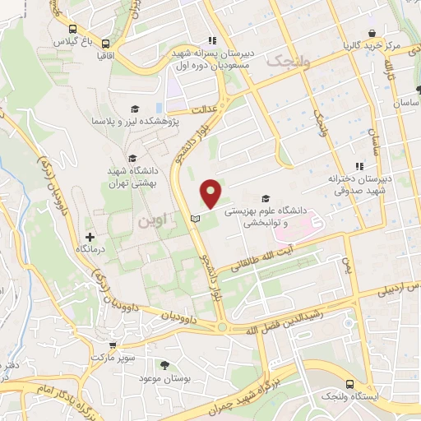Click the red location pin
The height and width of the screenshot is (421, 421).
tap(211, 192)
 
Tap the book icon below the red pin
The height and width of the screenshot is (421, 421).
tap(195, 218)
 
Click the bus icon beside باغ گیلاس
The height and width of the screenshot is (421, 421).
tap(106, 43)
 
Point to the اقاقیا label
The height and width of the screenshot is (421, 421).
tap(106, 57)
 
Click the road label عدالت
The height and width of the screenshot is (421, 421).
tap(202, 107)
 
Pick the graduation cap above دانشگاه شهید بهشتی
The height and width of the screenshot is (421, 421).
tap(132, 159)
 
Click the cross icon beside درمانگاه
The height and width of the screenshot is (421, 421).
tap(90, 237)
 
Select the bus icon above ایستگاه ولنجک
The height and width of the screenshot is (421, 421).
tap(351, 384)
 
